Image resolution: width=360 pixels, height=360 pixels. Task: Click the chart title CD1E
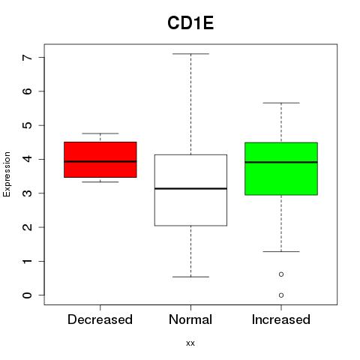(190, 23)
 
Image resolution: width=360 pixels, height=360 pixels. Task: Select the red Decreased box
(100, 160)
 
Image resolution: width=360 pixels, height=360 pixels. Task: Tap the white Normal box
(190, 190)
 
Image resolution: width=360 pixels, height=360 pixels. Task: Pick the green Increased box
(281, 169)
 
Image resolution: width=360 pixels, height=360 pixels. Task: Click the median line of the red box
(100, 161)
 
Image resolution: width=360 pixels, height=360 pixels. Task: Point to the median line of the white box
(190, 188)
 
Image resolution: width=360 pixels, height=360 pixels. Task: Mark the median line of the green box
(281, 162)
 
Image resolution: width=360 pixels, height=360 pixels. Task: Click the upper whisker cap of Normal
(190, 54)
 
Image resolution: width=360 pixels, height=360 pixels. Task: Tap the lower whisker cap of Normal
(190, 277)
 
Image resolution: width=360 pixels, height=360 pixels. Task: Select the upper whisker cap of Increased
(281, 103)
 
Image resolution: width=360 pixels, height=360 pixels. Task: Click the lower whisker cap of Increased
(281, 251)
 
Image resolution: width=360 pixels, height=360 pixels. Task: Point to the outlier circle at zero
(281, 295)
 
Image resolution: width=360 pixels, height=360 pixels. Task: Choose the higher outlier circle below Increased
(281, 274)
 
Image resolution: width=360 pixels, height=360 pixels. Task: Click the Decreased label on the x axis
(100, 319)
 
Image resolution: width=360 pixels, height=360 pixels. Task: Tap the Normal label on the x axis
(190, 319)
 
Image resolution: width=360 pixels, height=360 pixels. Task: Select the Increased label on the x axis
(281, 319)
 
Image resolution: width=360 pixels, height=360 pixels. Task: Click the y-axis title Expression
(7, 174)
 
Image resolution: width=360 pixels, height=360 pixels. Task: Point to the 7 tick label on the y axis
(28, 57)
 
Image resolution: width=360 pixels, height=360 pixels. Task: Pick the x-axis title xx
(190, 343)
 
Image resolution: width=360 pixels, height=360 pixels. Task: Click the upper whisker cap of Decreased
(100, 133)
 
